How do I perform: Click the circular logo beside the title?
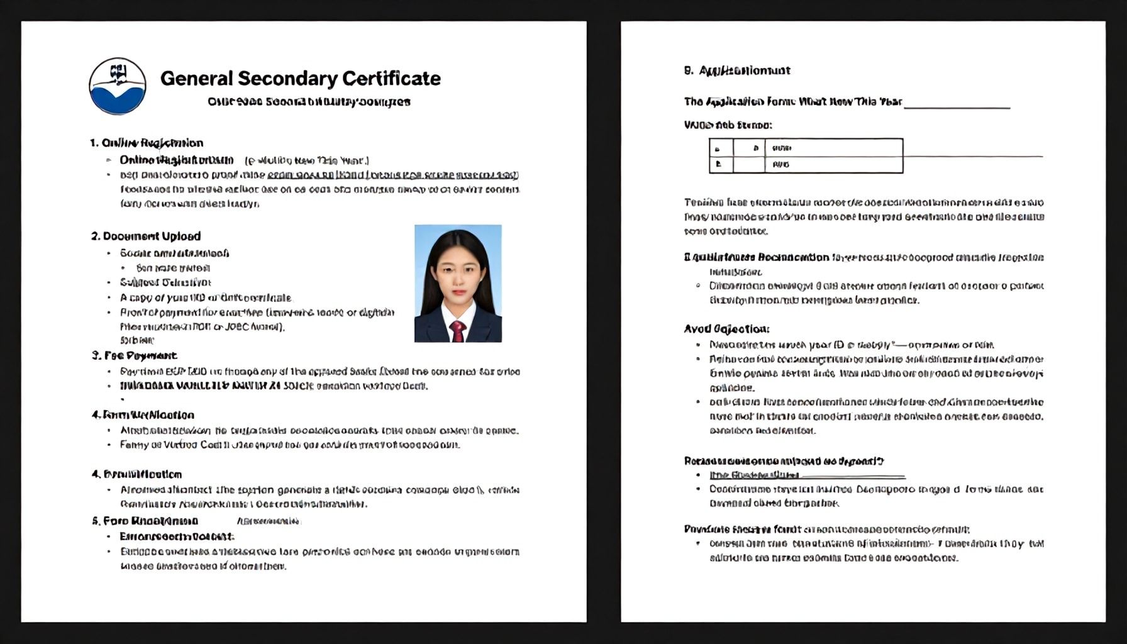[118, 86]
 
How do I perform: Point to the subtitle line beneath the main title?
[309, 101]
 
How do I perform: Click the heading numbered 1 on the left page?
[147, 143]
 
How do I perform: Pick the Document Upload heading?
[146, 236]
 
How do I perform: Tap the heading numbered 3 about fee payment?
[134, 355]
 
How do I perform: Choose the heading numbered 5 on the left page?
[145, 521]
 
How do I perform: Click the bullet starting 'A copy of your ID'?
[206, 297]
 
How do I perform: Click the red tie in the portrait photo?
[457, 330]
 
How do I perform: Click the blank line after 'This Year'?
[957, 107]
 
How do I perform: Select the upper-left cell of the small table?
[721, 148]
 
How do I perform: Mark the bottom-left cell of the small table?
[721, 165]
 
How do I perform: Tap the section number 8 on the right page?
[688, 70]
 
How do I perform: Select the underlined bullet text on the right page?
[754, 475]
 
